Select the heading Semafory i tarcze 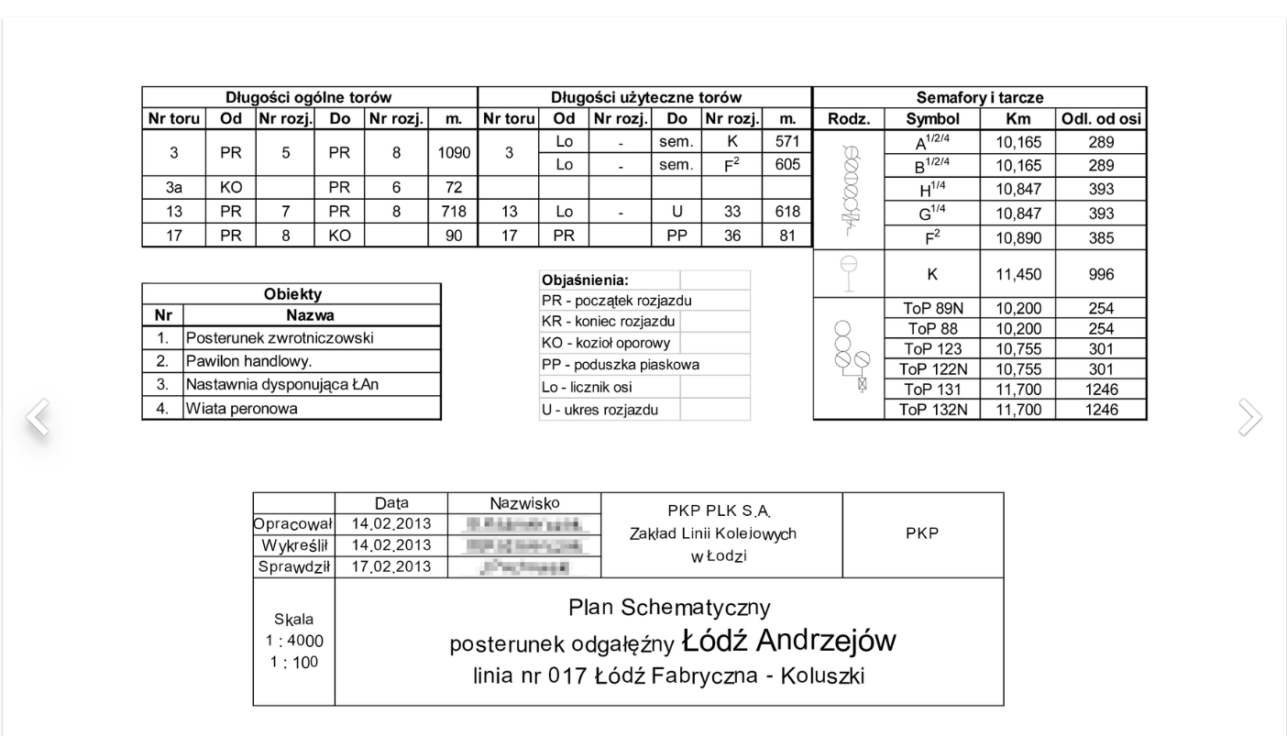pyautogui.click(x=980, y=97)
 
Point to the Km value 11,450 pyautogui.click(x=1018, y=274)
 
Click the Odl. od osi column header pyautogui.click(x=1100, y=119)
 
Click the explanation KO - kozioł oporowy pyautogui.click(x=606, y=344)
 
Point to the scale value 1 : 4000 pyautogui.click(x=293, y=641)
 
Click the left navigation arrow pyautogui.click(x=36, y=417)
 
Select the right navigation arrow pyautogui.click(x=1249, y=417)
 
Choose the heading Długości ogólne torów pyautogui.click(x=310, y=97)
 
